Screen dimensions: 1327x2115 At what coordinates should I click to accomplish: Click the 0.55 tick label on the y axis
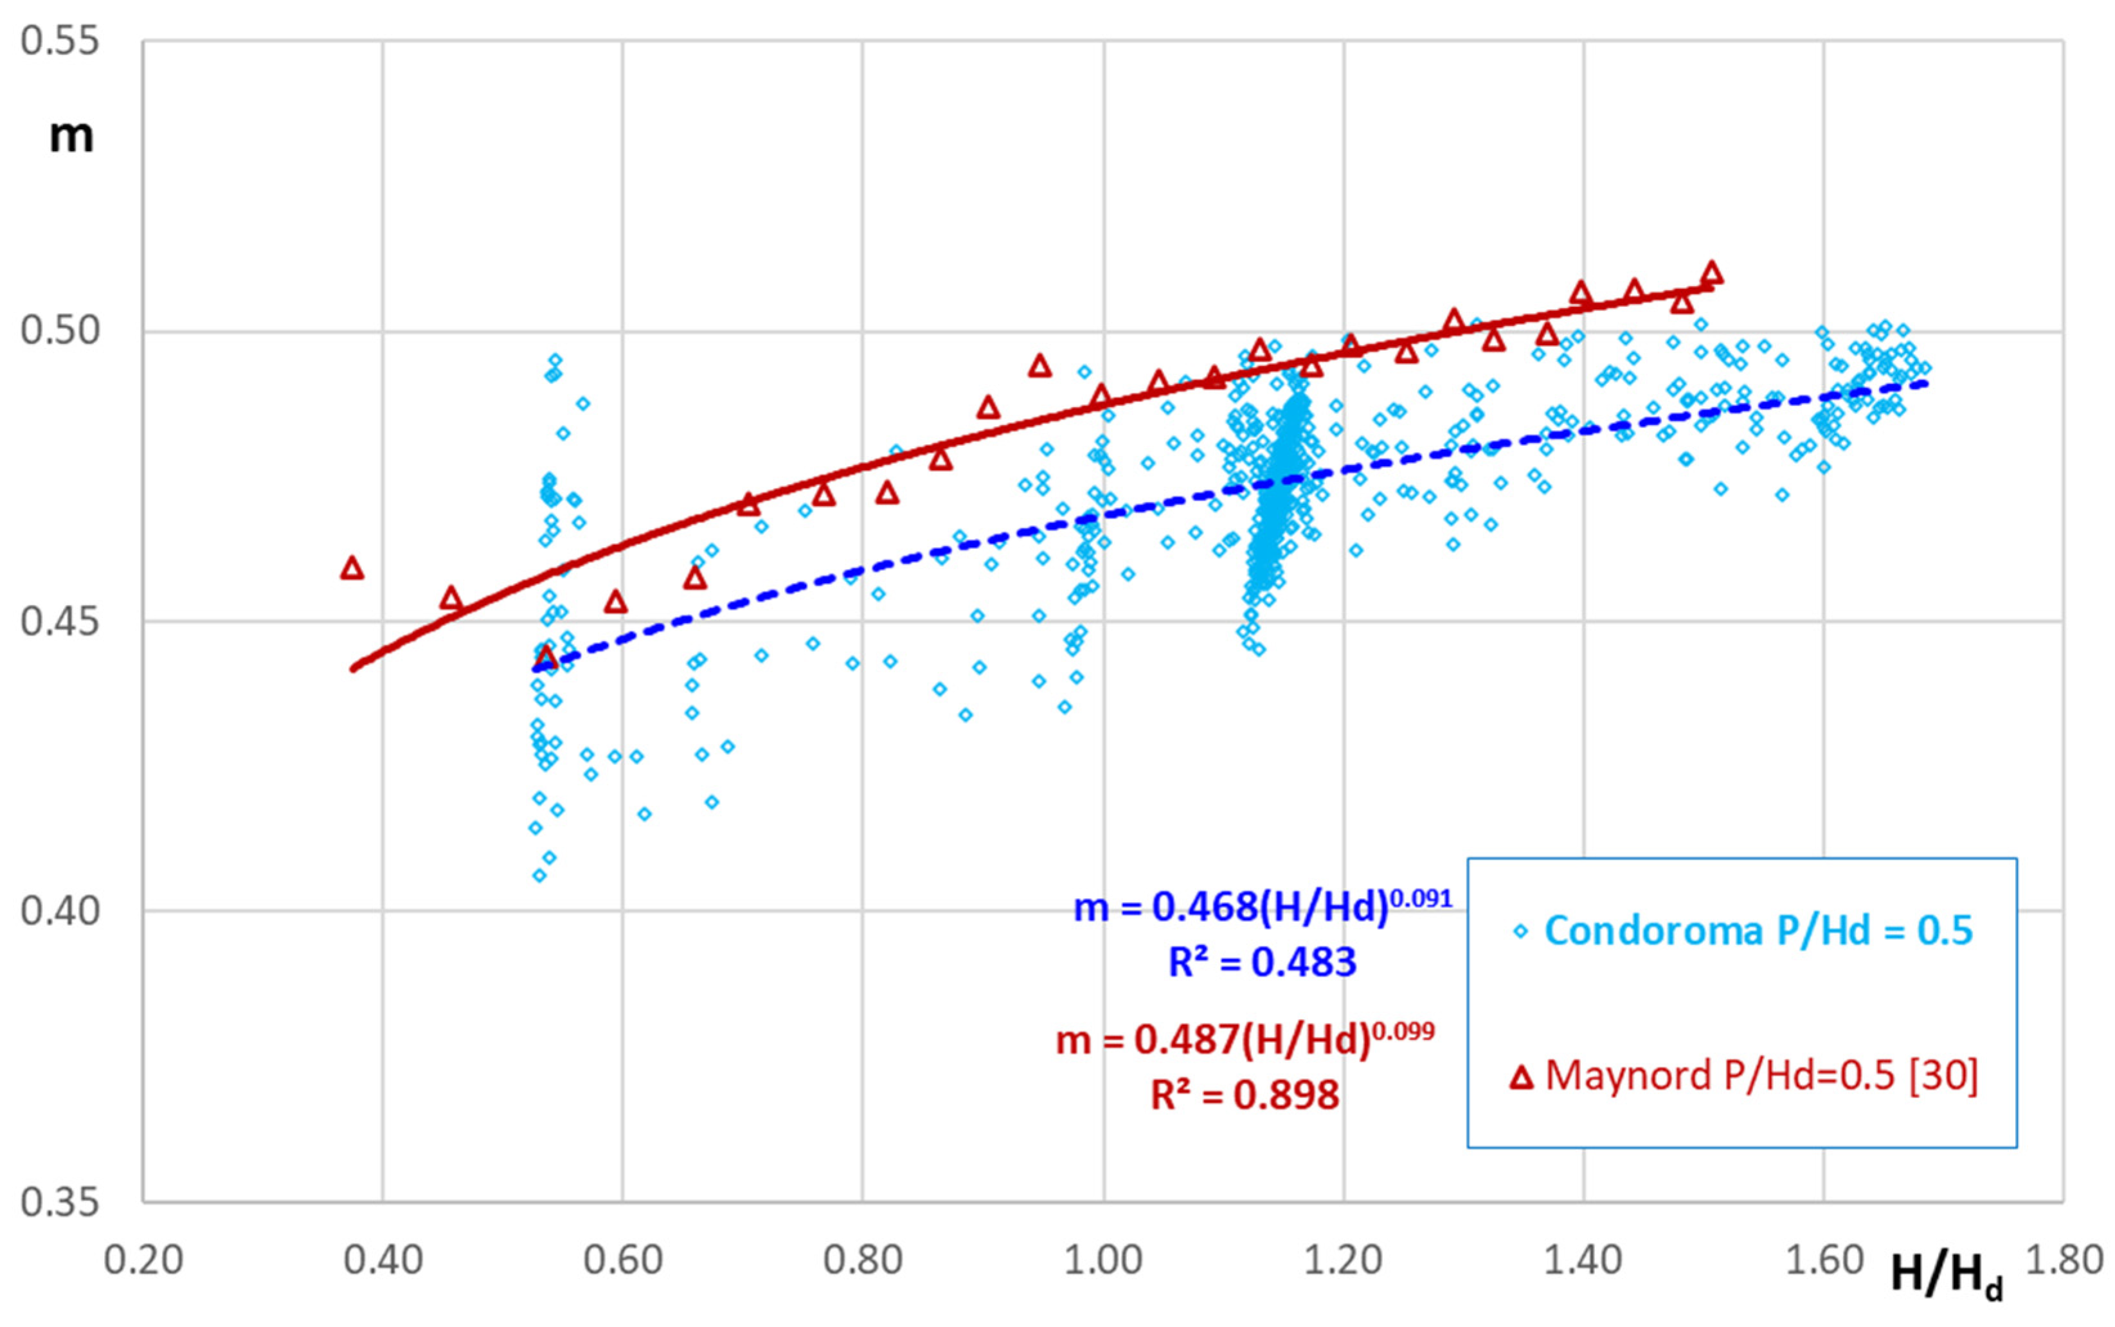coord(60,41)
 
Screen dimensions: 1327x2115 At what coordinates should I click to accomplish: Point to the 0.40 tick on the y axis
coord(60,911)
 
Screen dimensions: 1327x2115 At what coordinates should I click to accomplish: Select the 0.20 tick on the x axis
coord(143,1260)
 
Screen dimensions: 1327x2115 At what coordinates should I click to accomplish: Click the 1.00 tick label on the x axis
coord(1102,1260)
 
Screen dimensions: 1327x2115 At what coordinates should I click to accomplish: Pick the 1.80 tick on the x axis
coord(2063,1260)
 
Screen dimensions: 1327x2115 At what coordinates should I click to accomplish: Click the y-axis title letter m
coord(70,136)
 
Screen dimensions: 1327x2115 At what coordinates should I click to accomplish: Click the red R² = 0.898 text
coord(1245,1094)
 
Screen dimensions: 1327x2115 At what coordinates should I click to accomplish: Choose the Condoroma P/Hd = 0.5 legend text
coord(1758,930)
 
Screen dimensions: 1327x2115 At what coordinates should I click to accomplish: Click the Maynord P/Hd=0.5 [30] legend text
coord(1760,1075)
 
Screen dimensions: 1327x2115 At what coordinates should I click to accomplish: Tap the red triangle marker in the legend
coord(1521,1077)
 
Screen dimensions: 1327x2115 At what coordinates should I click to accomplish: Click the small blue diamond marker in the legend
coord(1521,931)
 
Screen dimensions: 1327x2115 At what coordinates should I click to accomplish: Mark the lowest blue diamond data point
coord(539,875)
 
